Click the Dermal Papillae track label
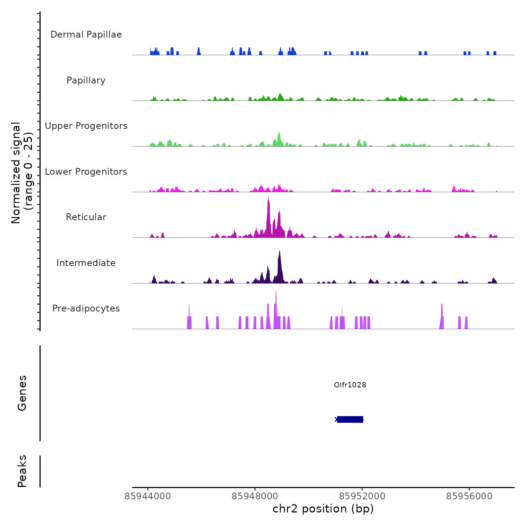pyautogui.click(x=86, y=35)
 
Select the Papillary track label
pyautogui.click(x=86, y=80)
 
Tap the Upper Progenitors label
pyautogui.click(x=86, y=126)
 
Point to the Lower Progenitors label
pyautogui.click(x=86, y=172)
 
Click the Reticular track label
pyautogui.click(x=86, y=217)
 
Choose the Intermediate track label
pyautogui.click(x=86, y=263)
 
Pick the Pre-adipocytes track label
pyautogui.click(x=86, y=308)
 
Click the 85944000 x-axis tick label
pyautogui.click(x=148, y=496)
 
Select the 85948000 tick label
pyautogui.click(x=255, y=496)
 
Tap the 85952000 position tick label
pyautogui.click(x=362, y=496)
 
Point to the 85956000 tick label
pyautogui.click(x=469, y=496)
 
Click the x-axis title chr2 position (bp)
pyautogui.click(x=323, y=509)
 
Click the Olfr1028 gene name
pyautogui.click(x=350, y=385)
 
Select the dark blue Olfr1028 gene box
pyautogui.click(x=350, y=419)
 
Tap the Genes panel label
pyautogui.click(x=22, y=393)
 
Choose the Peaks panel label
pyautogui.click(x=22, y=471)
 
